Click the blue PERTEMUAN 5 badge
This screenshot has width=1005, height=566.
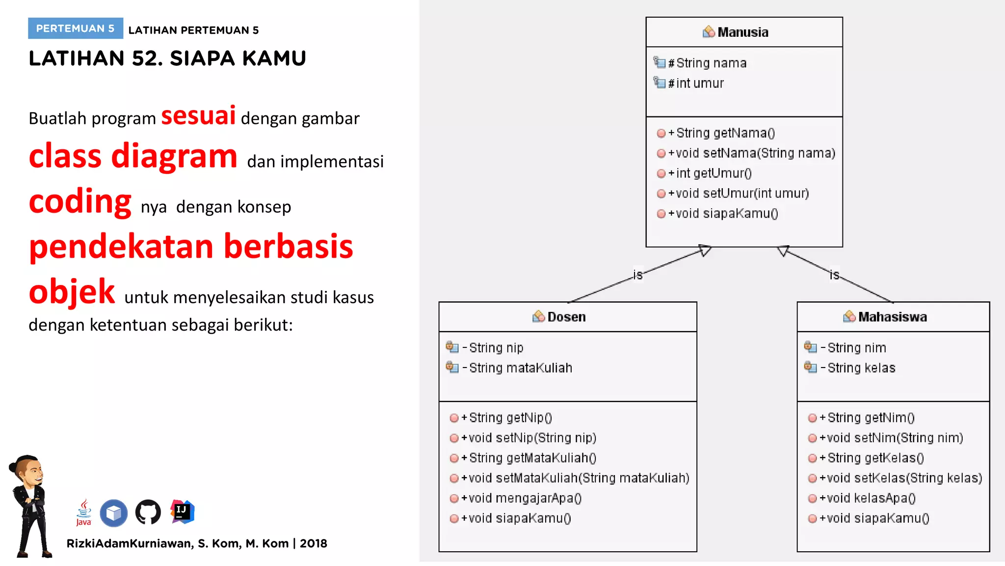click(75, 28)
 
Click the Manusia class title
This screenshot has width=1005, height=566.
click(742, 32)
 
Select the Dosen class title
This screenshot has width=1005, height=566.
click(566, 317)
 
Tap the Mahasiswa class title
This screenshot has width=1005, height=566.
click(892, 317)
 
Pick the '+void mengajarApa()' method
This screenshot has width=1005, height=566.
click(525, 498)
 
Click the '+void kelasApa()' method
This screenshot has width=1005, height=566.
click(870, 498)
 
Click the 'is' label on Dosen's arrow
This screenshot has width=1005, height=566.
click(637, 275)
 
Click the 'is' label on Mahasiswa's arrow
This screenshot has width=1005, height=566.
click(834, 275)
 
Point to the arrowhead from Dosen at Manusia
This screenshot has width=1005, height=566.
click(705, 251)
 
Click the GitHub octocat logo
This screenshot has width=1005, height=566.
click(148, 512)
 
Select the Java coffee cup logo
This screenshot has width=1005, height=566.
click(84, 512)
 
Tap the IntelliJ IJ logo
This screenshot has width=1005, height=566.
click(183, 511)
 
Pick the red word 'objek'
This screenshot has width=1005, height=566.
click(72, 292)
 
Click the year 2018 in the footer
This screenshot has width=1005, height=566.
click(314, 543)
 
